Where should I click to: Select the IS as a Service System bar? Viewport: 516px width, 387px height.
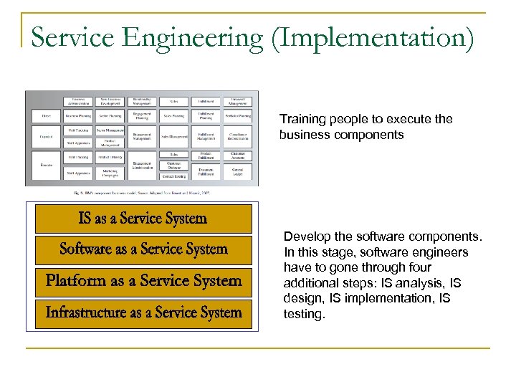click(142, 219)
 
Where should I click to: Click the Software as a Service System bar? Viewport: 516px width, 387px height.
click(142, 249)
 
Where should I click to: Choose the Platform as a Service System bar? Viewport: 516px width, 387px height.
click(142, 280)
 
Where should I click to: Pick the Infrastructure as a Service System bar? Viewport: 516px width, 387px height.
click(142, 312)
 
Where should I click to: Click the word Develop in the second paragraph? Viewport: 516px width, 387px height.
click(305, 236)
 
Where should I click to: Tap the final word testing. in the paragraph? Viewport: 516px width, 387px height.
click(305, 315)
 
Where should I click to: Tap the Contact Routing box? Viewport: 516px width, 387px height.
click(173, 176)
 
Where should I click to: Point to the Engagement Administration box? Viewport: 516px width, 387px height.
click(142, 165)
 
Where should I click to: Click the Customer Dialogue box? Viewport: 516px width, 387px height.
click(173, 165)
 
